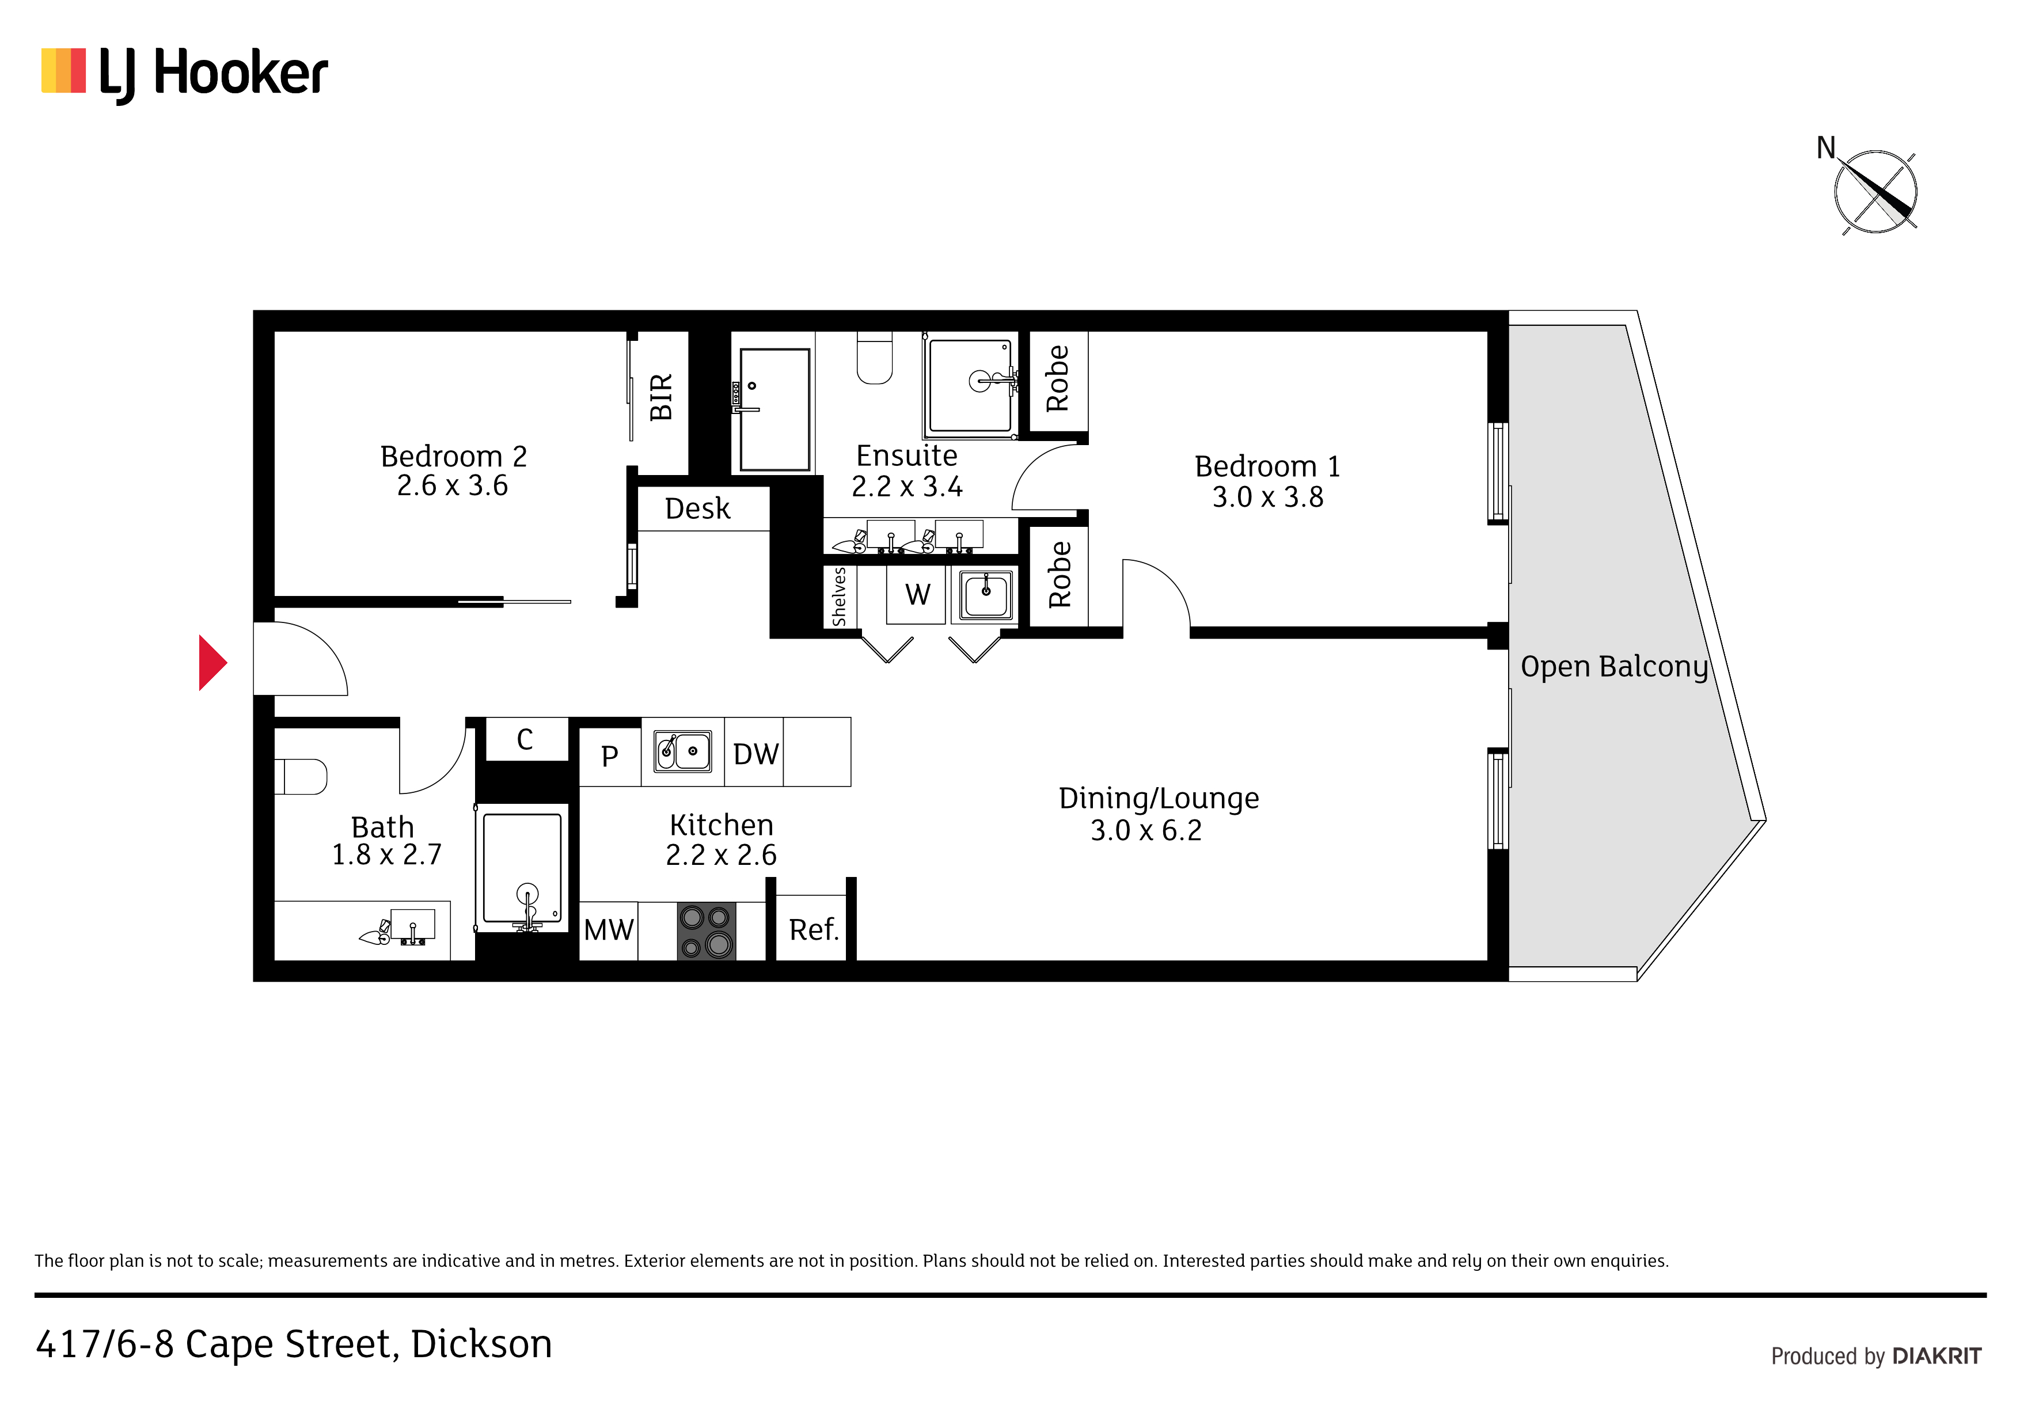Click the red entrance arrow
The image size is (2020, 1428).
[x=212, y=663]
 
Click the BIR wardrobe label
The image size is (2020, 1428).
[x=660, y=397]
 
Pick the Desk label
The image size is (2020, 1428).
[x=698, y=508]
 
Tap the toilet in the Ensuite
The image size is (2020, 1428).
[x=875, y=357]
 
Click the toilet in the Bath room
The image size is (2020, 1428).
[x=301, y=777]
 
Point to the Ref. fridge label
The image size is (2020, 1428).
[x=814, y=929]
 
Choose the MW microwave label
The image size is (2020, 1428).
[x=608, y=930]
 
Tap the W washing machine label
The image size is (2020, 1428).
[x=918, y=595]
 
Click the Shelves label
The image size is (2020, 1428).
[x=840, y=597]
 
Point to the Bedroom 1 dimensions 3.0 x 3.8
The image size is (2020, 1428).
[x=1268, y=497]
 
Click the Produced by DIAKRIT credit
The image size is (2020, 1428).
[x=1875, y=1356]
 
